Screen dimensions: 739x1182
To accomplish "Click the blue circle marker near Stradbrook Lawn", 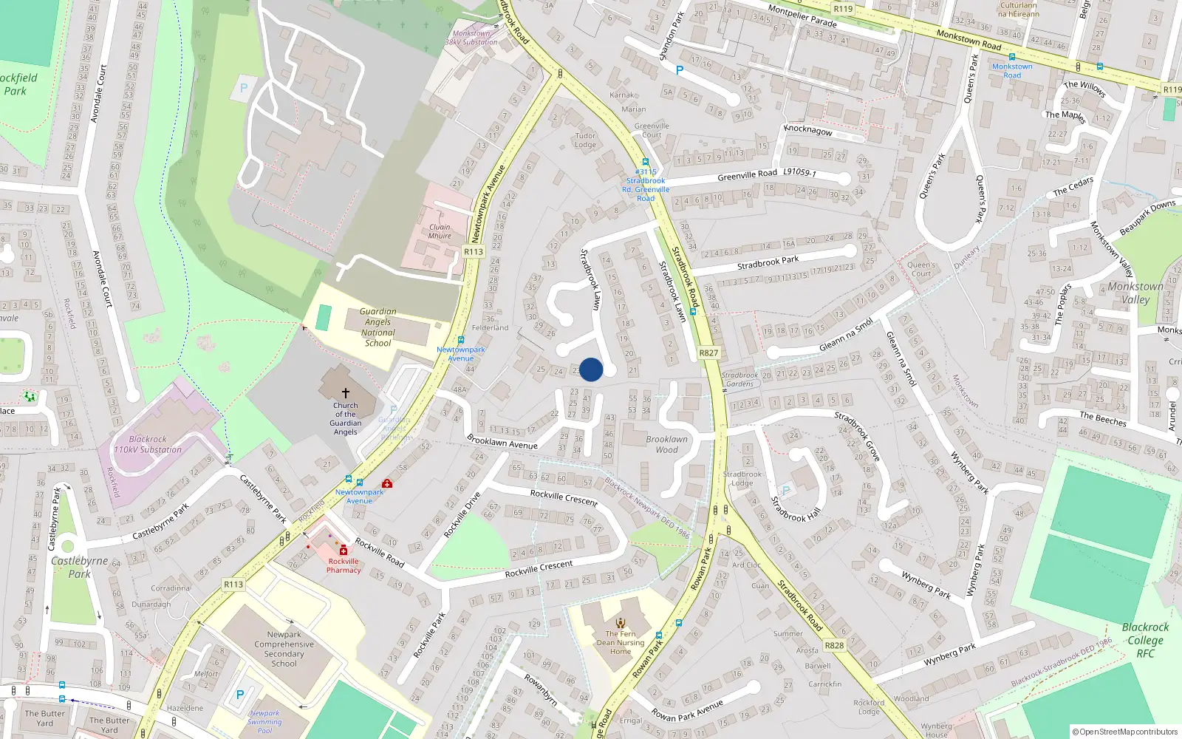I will coord(591,369).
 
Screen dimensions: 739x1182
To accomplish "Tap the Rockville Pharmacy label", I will coord(344,565).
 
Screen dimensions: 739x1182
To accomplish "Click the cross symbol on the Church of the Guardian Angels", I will coord(345,393).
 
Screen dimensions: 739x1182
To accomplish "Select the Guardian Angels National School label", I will coord(378,327).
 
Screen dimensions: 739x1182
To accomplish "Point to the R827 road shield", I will coord(708,353).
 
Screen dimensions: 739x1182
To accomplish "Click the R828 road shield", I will coord(834,645).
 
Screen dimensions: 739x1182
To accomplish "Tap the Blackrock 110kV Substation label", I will coord(148,444).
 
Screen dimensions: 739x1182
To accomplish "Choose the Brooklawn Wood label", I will coord(666,444).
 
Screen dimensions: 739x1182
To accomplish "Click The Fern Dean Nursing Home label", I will coord(621,642).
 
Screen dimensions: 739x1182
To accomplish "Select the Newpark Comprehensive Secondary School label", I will coord(284,649).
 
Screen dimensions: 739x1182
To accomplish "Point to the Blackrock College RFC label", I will coord(1145,640).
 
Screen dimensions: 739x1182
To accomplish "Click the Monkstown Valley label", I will coord(1135,293).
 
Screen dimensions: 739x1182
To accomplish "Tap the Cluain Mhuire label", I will coord(440,231).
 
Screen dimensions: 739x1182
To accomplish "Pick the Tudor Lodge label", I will coord(585,140).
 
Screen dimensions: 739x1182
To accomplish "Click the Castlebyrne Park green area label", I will coord(79,567).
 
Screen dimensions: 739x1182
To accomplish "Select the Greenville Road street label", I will coord(747,175).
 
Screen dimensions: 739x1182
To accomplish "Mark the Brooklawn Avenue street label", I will coord(502,441).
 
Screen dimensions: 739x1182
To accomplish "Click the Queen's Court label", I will coord(920,269).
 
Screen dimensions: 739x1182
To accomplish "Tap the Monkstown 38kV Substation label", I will coord(471,38).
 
